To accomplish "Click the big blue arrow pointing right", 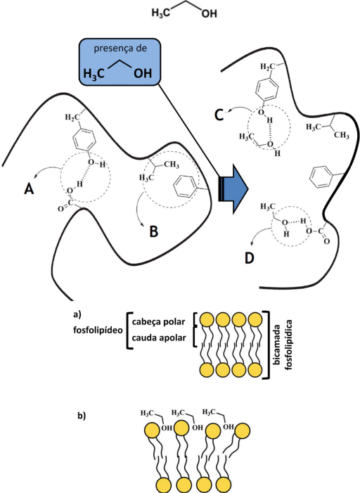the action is pos(233,189).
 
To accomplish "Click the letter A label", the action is pos(29,189).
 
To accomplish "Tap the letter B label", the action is pos(154,231).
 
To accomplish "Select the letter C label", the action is pos(219,115).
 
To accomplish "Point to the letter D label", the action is pos(250,258).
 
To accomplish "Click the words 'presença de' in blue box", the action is pos(120,49).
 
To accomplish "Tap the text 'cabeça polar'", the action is pos(158,322).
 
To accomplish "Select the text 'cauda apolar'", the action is pos(159,338).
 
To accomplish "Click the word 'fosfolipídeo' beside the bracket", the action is pos(98,330).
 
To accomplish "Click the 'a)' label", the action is pos(77,314).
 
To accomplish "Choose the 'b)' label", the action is pos(82,416).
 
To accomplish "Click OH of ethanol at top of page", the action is pos(209,13).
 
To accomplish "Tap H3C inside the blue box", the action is pos(94,74).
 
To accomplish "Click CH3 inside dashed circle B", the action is pos(172,165).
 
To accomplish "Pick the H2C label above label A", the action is pos(70,117).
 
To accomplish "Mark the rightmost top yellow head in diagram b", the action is pos(242,430).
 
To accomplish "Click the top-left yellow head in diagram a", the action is pos(207,320).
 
